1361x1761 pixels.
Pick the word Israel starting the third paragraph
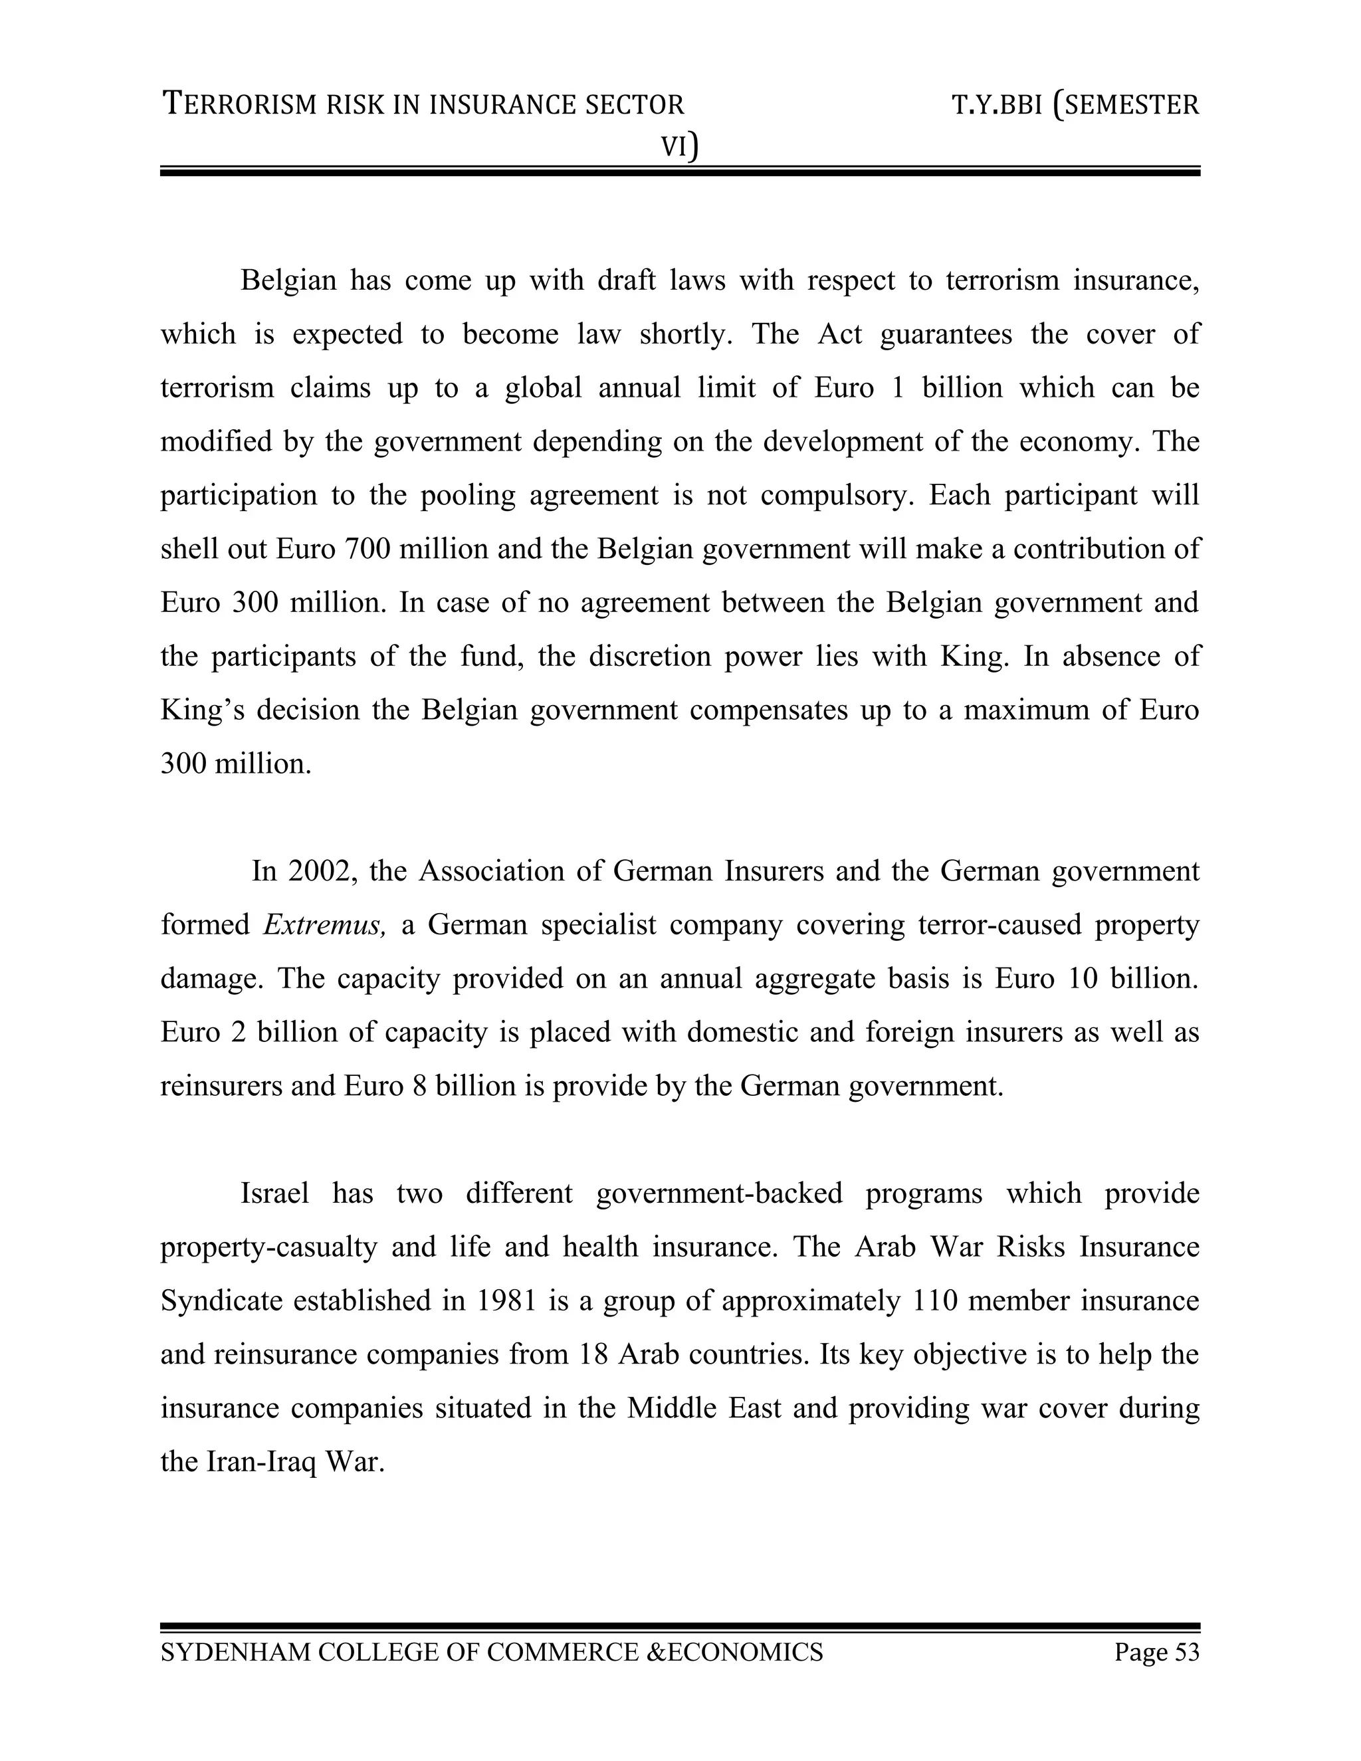tap(274, 1193)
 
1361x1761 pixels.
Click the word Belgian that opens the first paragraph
tap(287, 280)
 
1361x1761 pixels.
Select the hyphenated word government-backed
tap(719, 1193)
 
